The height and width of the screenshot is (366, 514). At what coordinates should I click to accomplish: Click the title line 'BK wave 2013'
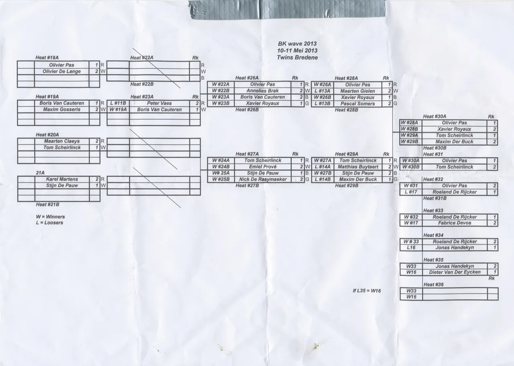pyautogui.click(x=297, y=44)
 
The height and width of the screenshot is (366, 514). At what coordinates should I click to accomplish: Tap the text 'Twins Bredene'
pyautogui.click(x=297, y=57)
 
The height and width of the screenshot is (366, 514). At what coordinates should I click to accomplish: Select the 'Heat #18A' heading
pyautogui.click(x=47, y=57)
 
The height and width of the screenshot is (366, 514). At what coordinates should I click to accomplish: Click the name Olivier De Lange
pyautogui.click(x=61, y=72)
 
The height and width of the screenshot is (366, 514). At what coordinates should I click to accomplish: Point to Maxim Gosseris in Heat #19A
pyautogui.click(x=62, y=110)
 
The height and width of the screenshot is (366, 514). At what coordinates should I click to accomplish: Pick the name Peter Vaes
pyautogui.click(x=159, y=103)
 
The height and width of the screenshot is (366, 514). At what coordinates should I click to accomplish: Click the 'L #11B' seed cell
pyautogui.click(x=118, y=103)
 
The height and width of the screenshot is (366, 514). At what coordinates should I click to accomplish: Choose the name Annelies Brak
pyautogui.click(x=263, y=91)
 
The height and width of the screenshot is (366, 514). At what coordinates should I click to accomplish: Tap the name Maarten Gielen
pyautogui.click(x=357, y=91)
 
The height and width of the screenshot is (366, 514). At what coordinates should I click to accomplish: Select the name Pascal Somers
pyautogui.click(x=357, y=104)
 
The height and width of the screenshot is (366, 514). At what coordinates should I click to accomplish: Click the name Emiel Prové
pyautogui.click(x=263, y=167)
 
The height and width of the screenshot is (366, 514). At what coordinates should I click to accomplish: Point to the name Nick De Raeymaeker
pyautogui.click(x=263, y=179)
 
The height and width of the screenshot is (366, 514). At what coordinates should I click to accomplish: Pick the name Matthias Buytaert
pyautogui.click(x=358, y=167)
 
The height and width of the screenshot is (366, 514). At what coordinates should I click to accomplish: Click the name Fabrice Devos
pyautogui.click(x=454, y=223)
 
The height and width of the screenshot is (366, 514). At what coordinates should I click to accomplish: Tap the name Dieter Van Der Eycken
pyautogui.click(x=455, y=272)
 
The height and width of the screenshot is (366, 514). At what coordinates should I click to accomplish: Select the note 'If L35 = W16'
pyautogui.click(x=367, y=291)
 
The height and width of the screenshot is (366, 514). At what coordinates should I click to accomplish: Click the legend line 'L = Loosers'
pyautogui.click(x=49, y=223)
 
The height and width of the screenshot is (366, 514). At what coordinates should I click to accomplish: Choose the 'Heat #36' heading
pyautogui.click(x=433, y=285)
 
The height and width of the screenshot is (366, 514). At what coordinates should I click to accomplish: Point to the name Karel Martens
pyautogui.click(x=62, y=179)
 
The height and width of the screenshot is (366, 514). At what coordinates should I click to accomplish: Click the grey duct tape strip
pyautogui.click(x=287, y=10)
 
